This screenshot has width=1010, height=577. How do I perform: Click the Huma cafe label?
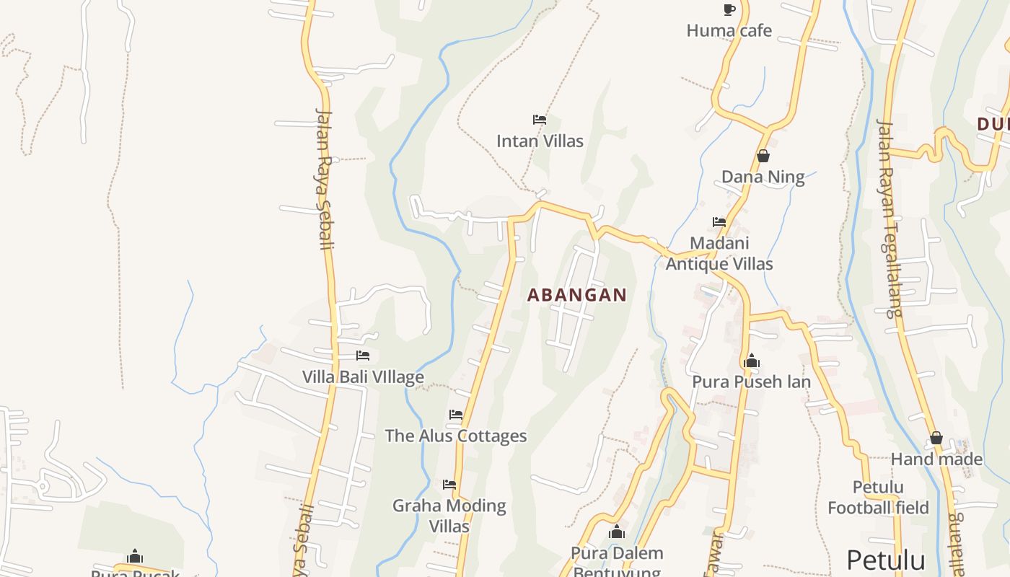pos(729,30)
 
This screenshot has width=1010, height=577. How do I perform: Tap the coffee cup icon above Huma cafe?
pos(729,9)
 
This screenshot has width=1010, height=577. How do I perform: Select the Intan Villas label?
pos(540,141)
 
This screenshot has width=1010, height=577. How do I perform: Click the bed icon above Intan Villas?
pos(539,119)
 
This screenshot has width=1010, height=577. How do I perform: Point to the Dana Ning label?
pos(763,177)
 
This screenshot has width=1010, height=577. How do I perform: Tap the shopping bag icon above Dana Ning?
pos(763,156)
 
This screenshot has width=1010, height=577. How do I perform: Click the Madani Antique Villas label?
pos(719,253)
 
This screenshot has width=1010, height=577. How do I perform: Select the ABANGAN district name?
pos(577,295)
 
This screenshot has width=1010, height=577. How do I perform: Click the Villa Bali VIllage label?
pos(363,376)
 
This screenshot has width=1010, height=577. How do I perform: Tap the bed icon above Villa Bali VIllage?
pos(363,356)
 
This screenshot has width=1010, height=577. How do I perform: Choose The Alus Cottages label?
pos(455,436)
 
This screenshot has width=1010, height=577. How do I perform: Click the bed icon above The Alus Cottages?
pos(455,415)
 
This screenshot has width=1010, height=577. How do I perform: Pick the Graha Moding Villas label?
pos(449,516)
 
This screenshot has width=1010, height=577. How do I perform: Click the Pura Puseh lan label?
pos(751,382)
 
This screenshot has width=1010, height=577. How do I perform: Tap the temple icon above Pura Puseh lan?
pos(751,361)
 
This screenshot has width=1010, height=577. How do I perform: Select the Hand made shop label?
pos(936,459)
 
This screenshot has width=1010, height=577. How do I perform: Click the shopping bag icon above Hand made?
pos(936,438)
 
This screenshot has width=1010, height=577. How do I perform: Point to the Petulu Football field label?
pos(878,497)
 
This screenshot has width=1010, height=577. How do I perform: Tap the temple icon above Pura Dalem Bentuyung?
pos(616,532)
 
